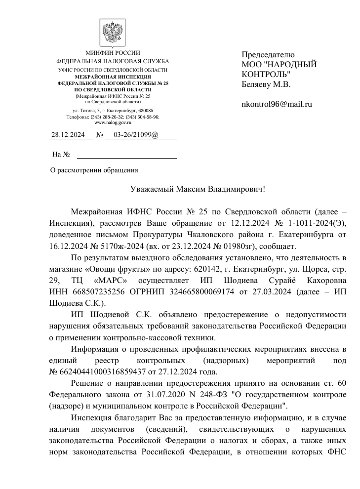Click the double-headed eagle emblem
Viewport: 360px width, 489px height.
coord(113,32)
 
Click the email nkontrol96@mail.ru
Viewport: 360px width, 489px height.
coord(277,104)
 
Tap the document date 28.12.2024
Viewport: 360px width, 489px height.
coord(69,135)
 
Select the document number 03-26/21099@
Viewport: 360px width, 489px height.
coord(136,135)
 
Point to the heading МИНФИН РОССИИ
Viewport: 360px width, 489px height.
coord(113,53)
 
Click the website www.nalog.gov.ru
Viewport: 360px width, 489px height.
coord(113,122)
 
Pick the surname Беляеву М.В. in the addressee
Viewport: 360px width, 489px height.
coord(266,84)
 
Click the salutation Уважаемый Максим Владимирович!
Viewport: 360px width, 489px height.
coord(198,189)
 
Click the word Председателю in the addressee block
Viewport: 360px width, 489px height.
coord(268,54)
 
